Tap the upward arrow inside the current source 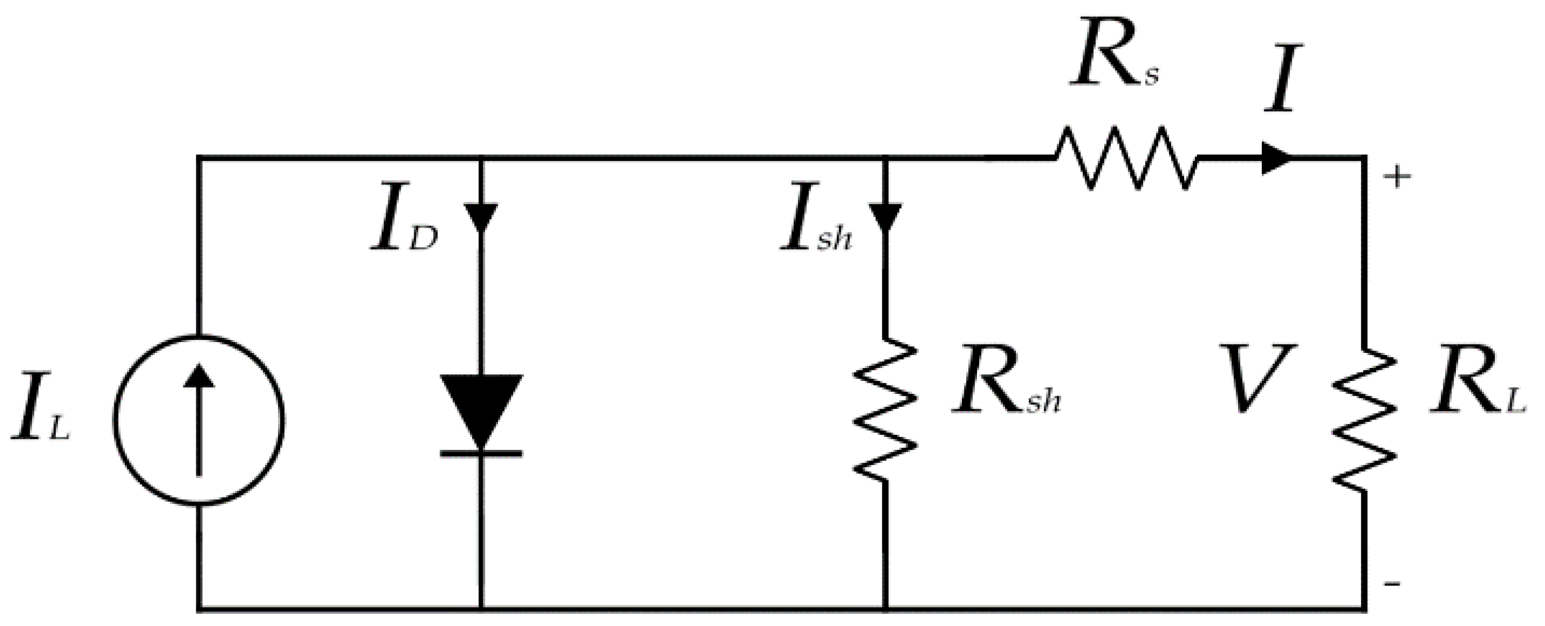click(x=198, y=420)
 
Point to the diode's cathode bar click(x=481, y=453)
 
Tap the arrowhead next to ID click(x=481, y=217)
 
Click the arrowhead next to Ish click(x=885, y=217)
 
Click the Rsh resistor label click(x=1005, y=387)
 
